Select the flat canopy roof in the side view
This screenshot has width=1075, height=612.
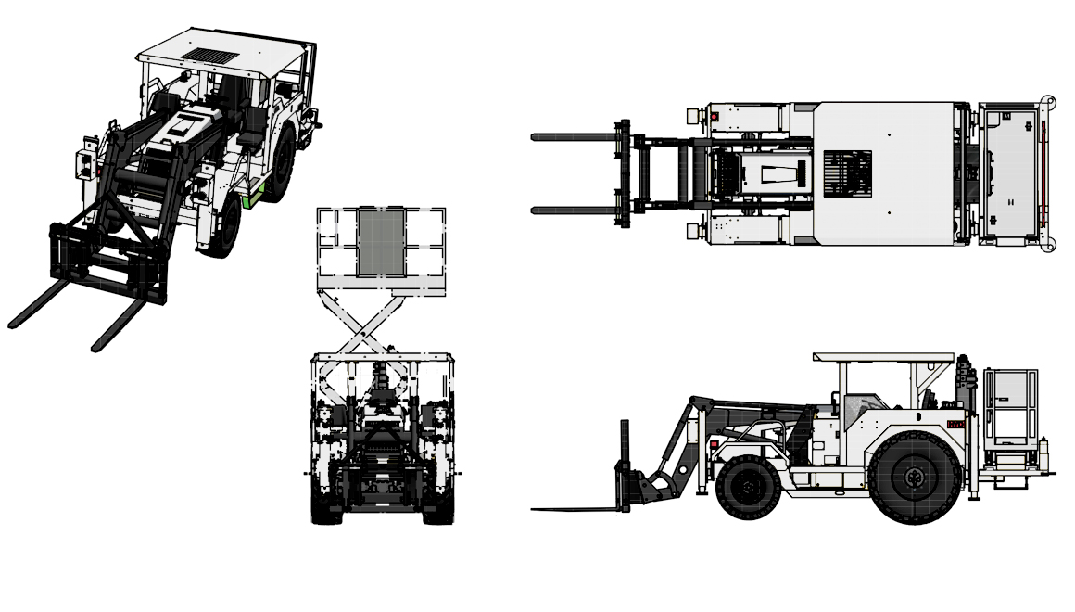883,357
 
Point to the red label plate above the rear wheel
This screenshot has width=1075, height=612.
955,424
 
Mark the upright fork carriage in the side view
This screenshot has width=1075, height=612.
625,464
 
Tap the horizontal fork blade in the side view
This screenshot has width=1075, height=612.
575,508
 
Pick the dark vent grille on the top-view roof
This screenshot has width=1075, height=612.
847,172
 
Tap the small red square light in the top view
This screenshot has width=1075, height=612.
715,117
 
